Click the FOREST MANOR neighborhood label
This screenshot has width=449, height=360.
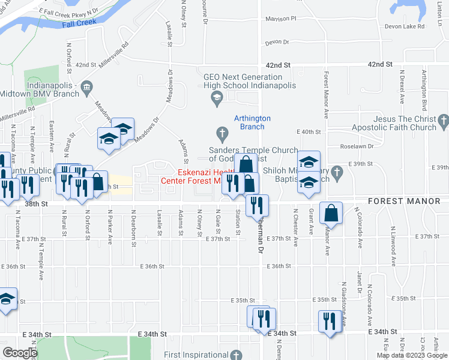pyautogui.click(x=403, y=202)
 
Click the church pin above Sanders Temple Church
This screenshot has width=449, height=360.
pyautogui.click(x=221, y=132)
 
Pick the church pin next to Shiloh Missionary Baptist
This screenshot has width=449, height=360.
pyautogui.click(x=337, y=172)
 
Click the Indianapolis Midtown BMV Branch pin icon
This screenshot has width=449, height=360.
pyautogui.click(x=86, y=88)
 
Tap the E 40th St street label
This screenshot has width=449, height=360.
pyautogui.click(x=309, y=131)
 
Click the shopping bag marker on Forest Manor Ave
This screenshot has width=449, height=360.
pyautogui.click(x=331, y=212)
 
